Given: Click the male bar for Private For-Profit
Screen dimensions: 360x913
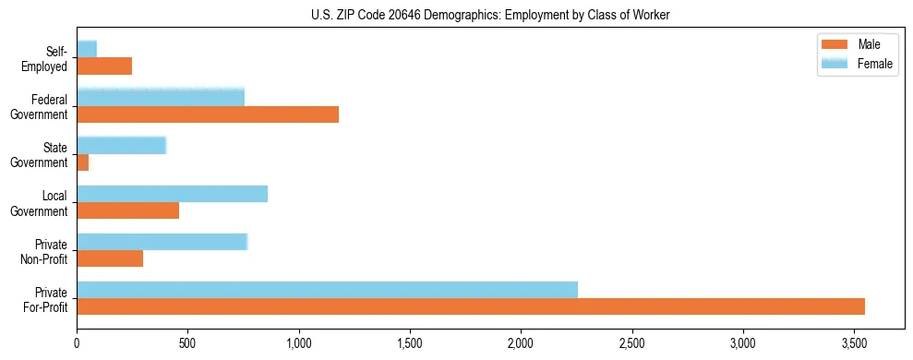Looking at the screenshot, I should (471, 306).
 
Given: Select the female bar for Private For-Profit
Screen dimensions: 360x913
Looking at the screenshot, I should (327, 290).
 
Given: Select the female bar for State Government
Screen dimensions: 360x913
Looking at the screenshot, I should (121, 145).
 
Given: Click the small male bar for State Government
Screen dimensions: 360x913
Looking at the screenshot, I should (82, 162).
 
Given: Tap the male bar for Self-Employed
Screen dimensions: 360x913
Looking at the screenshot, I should (104, 66).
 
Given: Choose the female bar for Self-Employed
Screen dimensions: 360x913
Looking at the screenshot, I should (87, 49).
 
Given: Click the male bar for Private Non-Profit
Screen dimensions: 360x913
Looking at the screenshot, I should (110, 258).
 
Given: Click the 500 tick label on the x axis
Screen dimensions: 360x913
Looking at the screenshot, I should (187, 343).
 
